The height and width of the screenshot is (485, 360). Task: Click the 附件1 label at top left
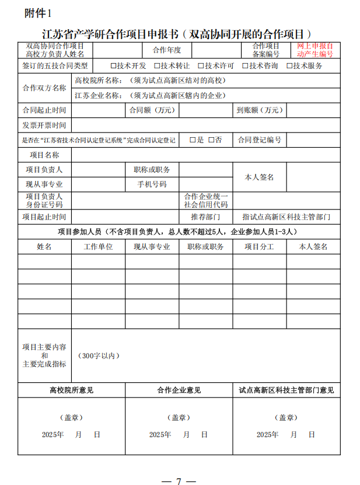(38, 13)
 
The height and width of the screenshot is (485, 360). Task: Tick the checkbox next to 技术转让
(156, 66)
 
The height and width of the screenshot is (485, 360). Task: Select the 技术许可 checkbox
(201, 66)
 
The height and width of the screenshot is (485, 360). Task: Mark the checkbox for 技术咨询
(245, 66)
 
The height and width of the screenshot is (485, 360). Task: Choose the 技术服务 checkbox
(289, 66)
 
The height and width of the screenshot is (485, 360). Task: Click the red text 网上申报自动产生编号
(315, 50)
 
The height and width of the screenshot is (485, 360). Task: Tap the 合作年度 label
(167, 50)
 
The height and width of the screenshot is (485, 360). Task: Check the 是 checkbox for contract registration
(193, 140)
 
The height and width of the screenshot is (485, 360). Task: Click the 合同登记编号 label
(259, 140)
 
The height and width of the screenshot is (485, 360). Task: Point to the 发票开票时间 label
(44, 125)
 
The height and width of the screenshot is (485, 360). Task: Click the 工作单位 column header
(98, 247)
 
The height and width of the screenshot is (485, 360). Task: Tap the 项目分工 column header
(259, 247)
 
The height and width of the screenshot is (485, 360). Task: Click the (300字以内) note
(99, 355)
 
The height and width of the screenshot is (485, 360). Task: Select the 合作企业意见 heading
(179, 390)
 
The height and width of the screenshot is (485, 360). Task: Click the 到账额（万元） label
(259, 110)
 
